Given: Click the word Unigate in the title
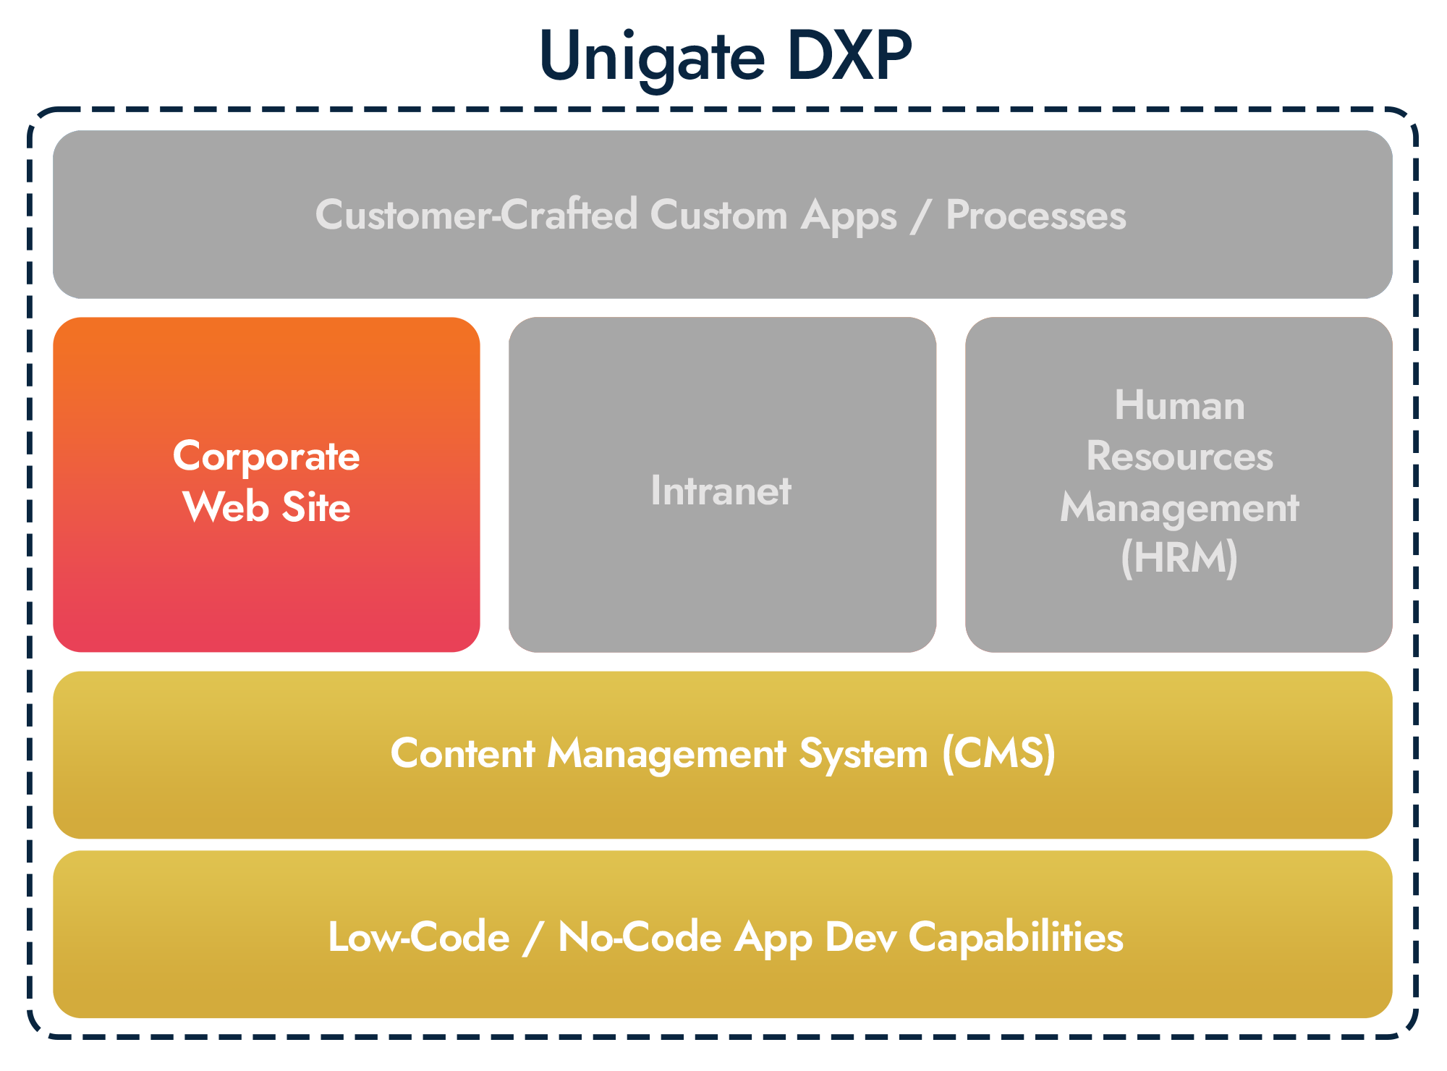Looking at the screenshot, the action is (652, 58).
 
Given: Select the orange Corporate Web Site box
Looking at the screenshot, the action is (266, 484).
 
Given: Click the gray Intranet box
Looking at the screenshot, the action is (722, 484).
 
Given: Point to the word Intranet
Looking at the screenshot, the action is (721, 491).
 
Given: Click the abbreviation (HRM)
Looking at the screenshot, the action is (1179, 558).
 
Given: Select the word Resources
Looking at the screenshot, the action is (1179, 456).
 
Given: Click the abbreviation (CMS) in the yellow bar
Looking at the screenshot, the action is (999, 753).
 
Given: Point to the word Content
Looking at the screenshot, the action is (463, 753).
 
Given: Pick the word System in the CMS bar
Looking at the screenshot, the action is (863, 755).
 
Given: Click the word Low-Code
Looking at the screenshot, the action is (419, 937).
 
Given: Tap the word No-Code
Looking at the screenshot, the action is (640, 937).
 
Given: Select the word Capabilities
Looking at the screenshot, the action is (1016, 938).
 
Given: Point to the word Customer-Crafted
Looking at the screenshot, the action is (477, 215).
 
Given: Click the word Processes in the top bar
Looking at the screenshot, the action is (1036, 215).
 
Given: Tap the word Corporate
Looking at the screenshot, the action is (266, 457).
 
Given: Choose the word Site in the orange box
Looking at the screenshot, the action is (316, 507).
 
